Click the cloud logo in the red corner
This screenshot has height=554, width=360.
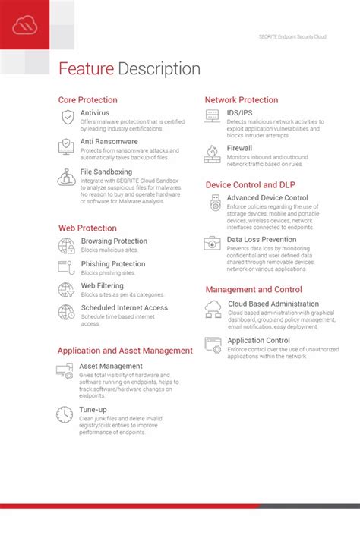[x=24, y=26]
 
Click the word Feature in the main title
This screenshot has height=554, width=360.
[x=87, y=69]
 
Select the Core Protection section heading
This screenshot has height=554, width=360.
[x=88, y=100]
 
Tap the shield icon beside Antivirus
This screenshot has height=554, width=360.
[x=67, y=117]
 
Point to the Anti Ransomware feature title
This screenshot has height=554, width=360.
[x=109, y=141]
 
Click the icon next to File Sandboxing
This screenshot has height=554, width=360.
[x=66, y=178]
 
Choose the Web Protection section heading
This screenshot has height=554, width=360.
[x=87, y=228]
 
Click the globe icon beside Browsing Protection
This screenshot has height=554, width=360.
[x=66, y=245]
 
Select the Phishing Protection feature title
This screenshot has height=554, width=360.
[x=113, y=264]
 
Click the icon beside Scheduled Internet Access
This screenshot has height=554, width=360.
[x=66, y=312]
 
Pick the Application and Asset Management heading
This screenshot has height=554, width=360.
[x=125, y=351]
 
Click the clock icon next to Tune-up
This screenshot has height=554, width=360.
[x=65, y=414]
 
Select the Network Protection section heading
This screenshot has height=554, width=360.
[x=242, y=100]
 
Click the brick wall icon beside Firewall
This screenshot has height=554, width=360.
[x=212, y=154]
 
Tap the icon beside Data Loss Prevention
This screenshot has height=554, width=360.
[x=212, y=244]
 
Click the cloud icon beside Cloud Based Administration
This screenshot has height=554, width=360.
[x=213, y=308]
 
